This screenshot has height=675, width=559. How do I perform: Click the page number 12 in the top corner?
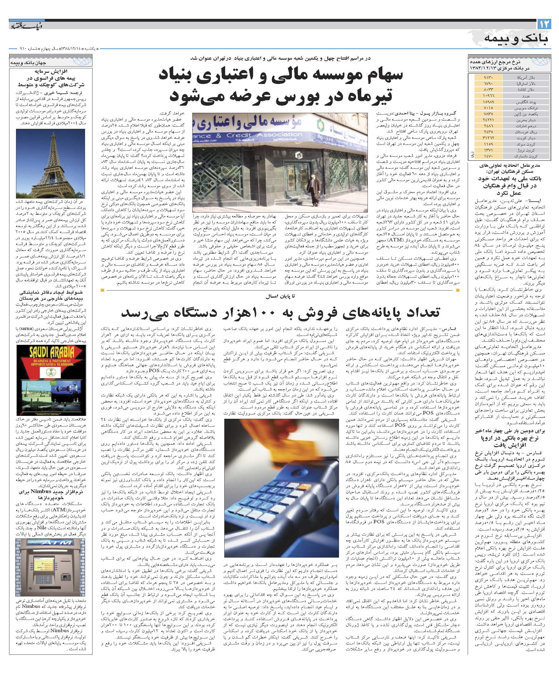coord(544,25)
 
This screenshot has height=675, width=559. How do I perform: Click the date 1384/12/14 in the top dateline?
coord(70,49)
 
